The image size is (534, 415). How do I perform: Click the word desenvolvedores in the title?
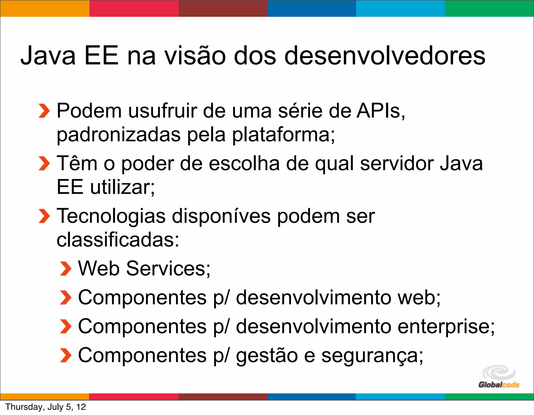[x=385, y=55]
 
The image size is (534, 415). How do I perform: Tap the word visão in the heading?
[x=195, y=55]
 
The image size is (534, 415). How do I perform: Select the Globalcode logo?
[x=499, y=377]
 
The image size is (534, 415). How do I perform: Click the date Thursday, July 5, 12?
[x=46, y=407]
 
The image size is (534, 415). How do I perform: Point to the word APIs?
[x=380, y=111]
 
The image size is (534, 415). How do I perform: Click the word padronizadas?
[x=119, y=135]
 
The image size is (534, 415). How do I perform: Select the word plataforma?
[x=283, y=135]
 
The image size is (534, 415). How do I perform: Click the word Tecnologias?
[x=111, y=216]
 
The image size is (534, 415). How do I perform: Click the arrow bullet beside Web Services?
[x=65, y=269]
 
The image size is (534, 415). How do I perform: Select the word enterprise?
[x=446, y=327]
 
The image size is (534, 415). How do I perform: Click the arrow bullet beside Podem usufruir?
[x=44, y=111]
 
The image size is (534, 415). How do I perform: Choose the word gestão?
[x=267, y=356]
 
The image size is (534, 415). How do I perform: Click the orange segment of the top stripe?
[x=45, y=8]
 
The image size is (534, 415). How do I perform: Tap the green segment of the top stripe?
[x=489, y=8]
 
